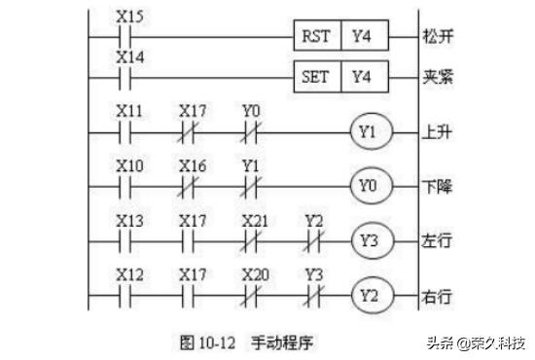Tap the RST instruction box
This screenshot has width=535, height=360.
click(x=316, y=36)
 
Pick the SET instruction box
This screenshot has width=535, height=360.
click(x=316, y=76)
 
